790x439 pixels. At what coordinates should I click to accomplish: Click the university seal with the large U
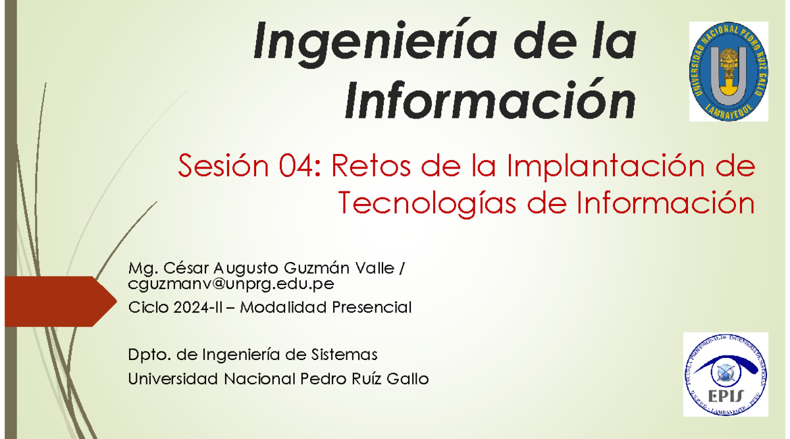(x=729, y=71)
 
